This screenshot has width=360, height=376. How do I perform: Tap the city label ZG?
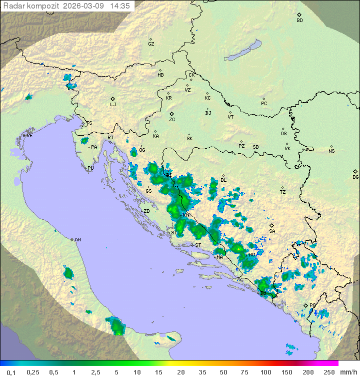(x=172, y=120)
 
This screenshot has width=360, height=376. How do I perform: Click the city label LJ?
(x=113, y=105)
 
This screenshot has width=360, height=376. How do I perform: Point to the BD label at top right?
(x=299, y=21)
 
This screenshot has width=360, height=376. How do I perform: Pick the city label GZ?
(x=151, y=44)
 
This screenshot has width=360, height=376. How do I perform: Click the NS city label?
(x=331, y=151)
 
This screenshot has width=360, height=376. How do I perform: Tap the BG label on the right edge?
(x=355, y=177)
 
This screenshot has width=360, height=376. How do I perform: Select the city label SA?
(x=272, y=231)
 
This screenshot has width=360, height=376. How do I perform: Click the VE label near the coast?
(x=29, y=136)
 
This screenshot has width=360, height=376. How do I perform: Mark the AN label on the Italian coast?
(x=77, y=240)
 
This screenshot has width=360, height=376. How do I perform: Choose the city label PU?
(x=90, y=168)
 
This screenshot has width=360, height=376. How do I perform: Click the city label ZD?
(x=146, y=211)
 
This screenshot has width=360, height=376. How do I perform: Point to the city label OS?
(x=283, y=134)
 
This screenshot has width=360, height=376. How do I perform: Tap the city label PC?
(x=264, y=104)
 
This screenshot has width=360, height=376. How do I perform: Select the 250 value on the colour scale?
(x=328, y=372)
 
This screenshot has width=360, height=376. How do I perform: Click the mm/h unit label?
(x=347, y=372)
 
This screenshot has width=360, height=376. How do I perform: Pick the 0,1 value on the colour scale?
(x=11, y=372)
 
